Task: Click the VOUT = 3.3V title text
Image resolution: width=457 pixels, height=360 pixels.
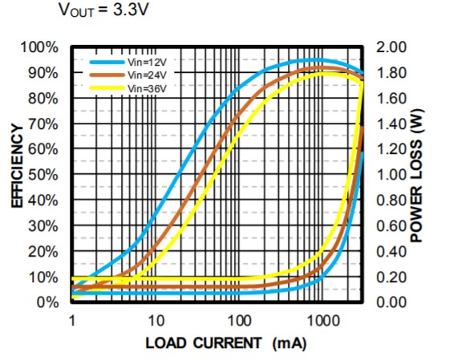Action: [103, 10]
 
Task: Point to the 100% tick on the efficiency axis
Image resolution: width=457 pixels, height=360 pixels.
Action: [39, 47]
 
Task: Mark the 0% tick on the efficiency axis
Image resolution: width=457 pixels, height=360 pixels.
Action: [47, 302]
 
